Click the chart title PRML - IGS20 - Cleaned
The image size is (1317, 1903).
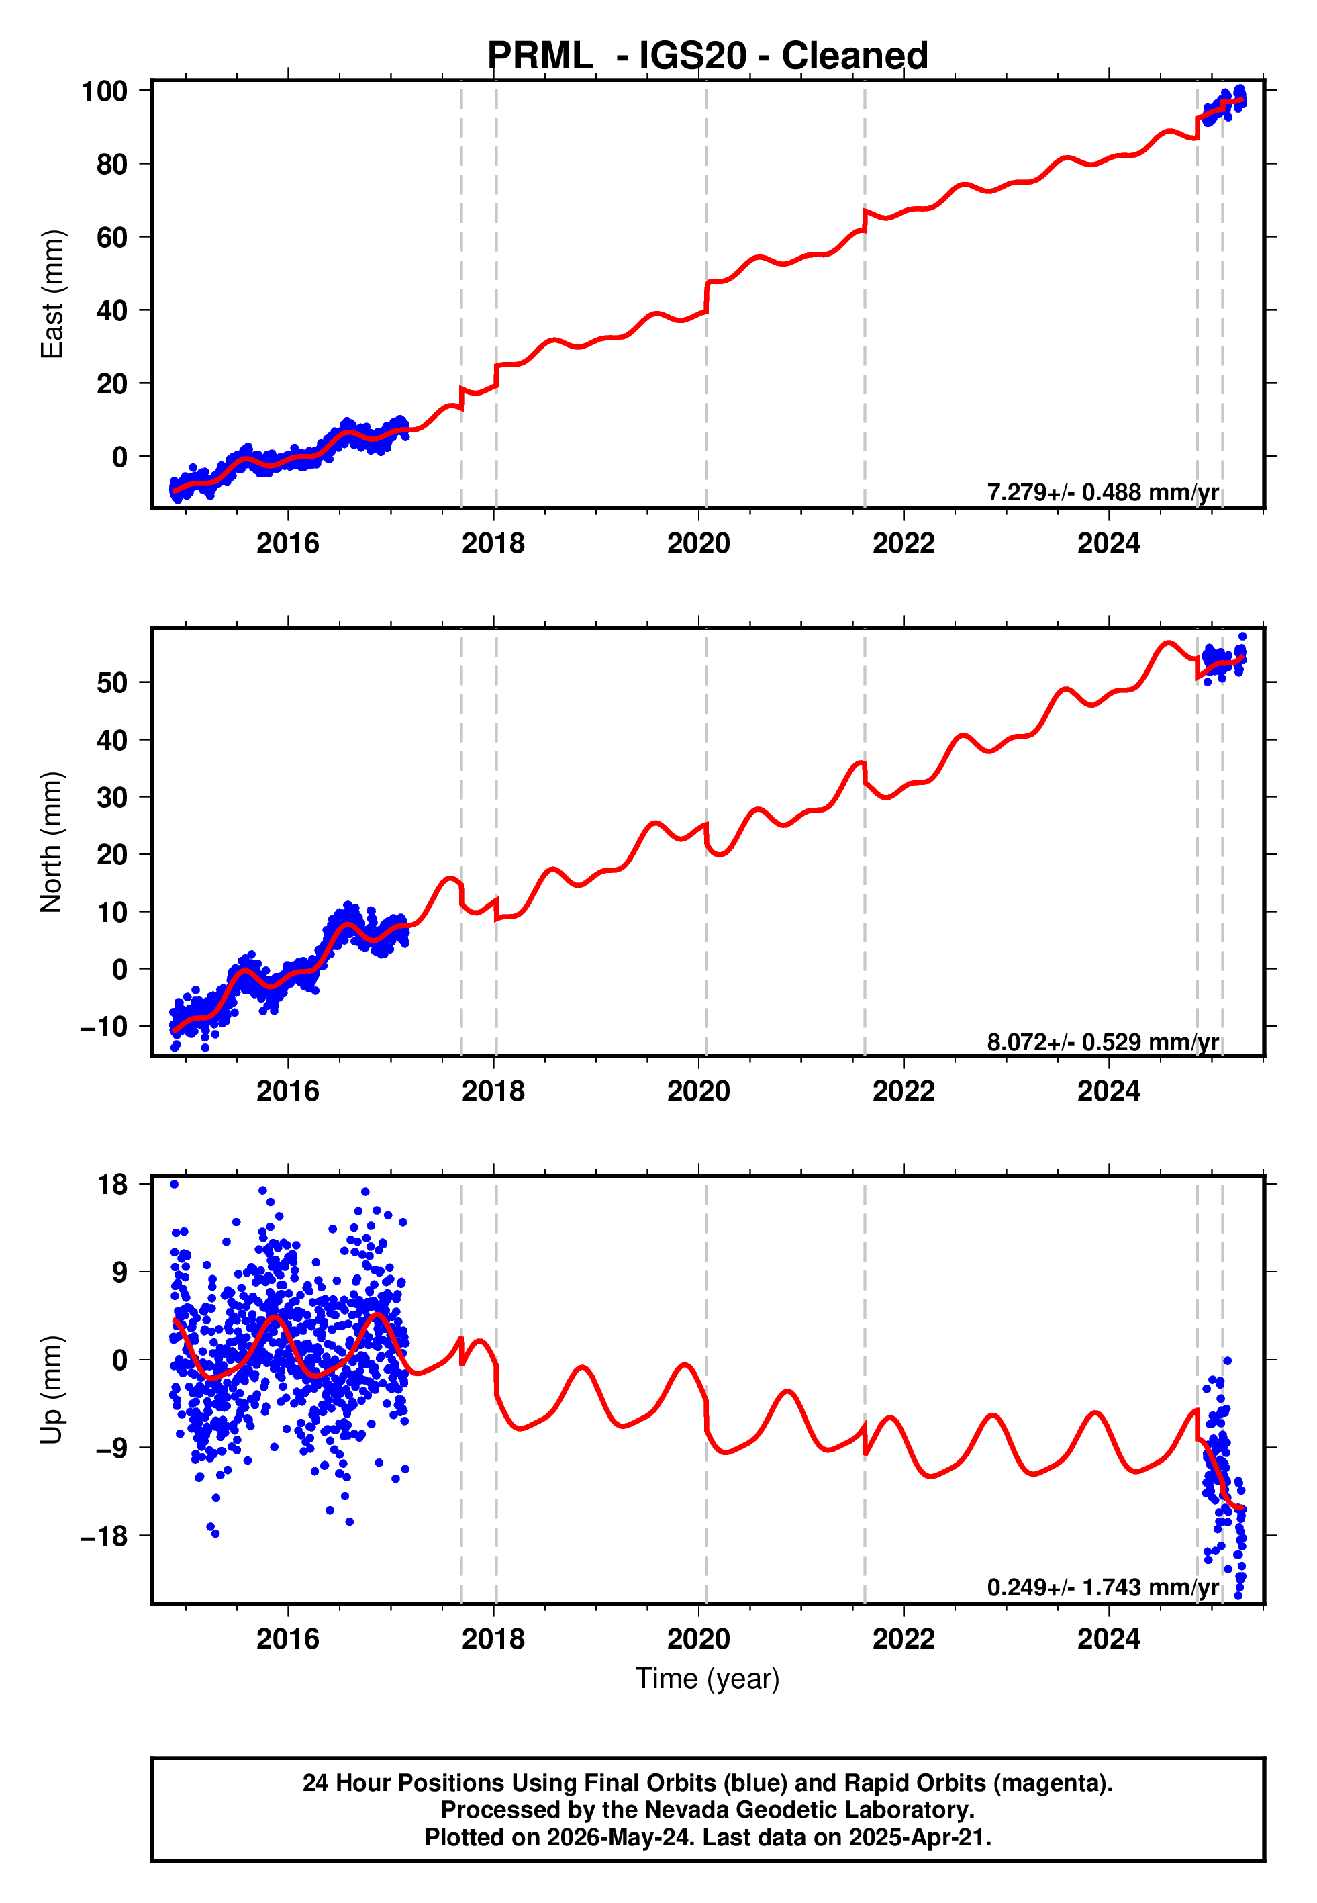click(x=708, y=56)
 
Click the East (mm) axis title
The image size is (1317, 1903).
click(x=52, y=294)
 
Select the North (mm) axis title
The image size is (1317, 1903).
click(x=52, y=842)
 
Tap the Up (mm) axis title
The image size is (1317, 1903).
click(x=52, y=1390)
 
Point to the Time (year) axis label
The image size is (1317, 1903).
click(x=708, y=1679)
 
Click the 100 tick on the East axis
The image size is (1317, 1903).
click(x=104, y=91)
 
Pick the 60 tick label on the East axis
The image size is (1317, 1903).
click(x=112, y=238)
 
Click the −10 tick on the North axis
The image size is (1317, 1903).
click(x=104, y=1027)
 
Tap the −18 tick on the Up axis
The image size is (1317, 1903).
click(x=104, y=1536)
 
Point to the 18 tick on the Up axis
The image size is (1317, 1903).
click(x=112, y=1185)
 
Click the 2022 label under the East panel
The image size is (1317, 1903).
click(x=904, y=543)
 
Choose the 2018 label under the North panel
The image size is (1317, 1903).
click(x=493, y=1091)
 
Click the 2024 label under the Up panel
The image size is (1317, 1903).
click(x=1108, y=1639)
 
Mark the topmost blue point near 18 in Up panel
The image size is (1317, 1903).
click(x=174, y=1185)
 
